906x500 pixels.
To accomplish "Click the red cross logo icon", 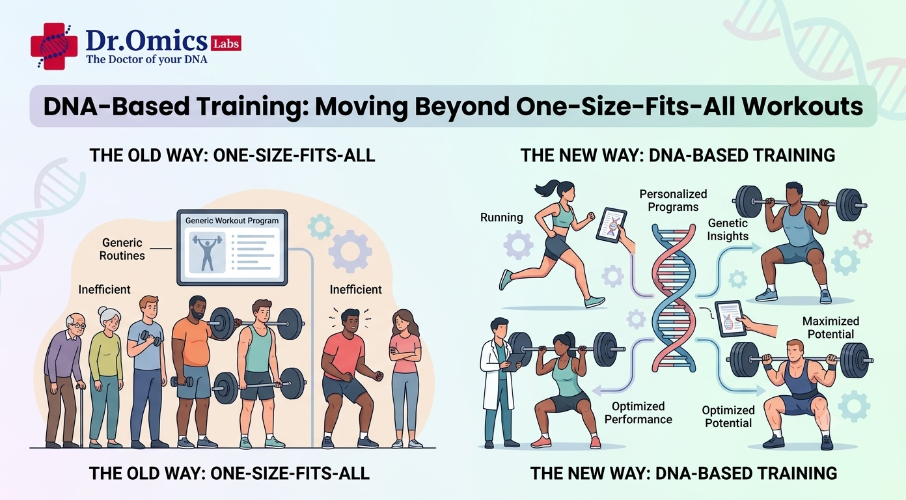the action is [54, 46].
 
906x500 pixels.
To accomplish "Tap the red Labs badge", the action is [226, 43].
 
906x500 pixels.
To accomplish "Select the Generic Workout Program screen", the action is [232, 247].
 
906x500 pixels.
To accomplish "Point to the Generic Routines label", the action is [122, 249].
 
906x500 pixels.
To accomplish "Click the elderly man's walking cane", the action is [81, 414].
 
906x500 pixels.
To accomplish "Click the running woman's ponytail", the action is [546, 187].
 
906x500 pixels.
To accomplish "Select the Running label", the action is [502, 217].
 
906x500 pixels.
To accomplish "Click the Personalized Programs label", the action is [673, 201].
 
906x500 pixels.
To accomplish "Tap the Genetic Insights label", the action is [728, 229].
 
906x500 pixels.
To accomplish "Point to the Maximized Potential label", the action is [830, 327].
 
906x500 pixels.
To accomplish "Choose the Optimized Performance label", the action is [638, 413].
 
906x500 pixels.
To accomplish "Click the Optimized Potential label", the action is [728, 416].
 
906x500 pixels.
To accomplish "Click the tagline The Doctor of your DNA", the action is [147, 59].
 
